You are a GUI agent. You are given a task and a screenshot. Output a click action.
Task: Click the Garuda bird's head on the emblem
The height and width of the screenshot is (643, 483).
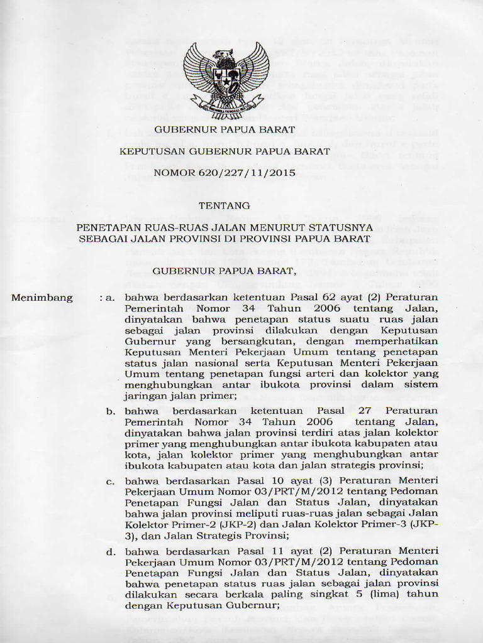point(223,55)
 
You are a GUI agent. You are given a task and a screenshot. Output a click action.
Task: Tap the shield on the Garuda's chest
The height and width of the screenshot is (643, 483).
point(226,81)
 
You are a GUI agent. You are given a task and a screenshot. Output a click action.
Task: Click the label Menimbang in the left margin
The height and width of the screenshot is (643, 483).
point(42,298)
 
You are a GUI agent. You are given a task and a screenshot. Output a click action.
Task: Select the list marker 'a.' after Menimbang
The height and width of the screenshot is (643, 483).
point(108,298)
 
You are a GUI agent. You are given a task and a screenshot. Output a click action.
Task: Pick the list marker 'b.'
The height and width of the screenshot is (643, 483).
point(110,411)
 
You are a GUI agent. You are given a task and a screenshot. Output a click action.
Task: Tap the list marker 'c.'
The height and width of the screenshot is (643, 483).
point(110,481)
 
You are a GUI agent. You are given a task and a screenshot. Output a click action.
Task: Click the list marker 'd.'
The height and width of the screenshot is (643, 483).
point(110,551)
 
